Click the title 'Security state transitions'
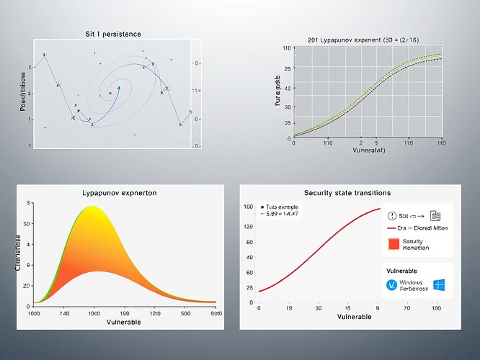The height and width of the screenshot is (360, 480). [347, 193]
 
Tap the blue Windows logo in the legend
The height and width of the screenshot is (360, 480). [439, 284]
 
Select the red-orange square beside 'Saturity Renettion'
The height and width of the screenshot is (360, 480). [393, 244]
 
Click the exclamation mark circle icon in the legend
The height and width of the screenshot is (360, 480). [393, 215]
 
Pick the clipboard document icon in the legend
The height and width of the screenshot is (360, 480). [435, 215]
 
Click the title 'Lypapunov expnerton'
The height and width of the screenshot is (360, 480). [120, 193]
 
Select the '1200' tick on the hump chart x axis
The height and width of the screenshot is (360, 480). [154, 314]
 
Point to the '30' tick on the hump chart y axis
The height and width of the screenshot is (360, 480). [28, 224]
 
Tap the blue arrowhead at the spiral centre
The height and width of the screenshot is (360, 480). [117, 89]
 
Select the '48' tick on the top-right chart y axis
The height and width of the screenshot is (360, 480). [288, 89]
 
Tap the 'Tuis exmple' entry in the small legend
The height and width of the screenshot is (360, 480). [283, 205]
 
